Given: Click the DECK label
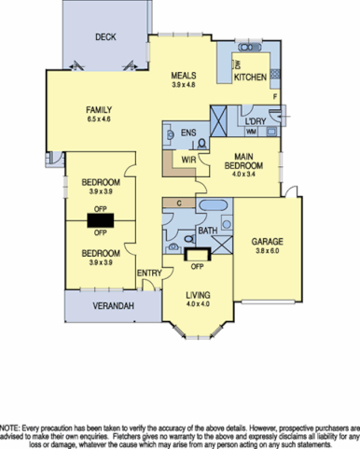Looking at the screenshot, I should [x=104, y=37].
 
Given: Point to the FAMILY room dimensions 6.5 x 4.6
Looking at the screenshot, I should [x=100, y=119].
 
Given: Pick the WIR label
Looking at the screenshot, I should [x=188, y=160].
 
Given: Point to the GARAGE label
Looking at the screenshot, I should [x=266, y=242].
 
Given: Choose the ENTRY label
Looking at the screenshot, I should [x=147, y=273].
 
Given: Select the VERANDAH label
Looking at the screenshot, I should [x=110, y=306].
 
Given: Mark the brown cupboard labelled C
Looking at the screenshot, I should [x=177, y=202].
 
